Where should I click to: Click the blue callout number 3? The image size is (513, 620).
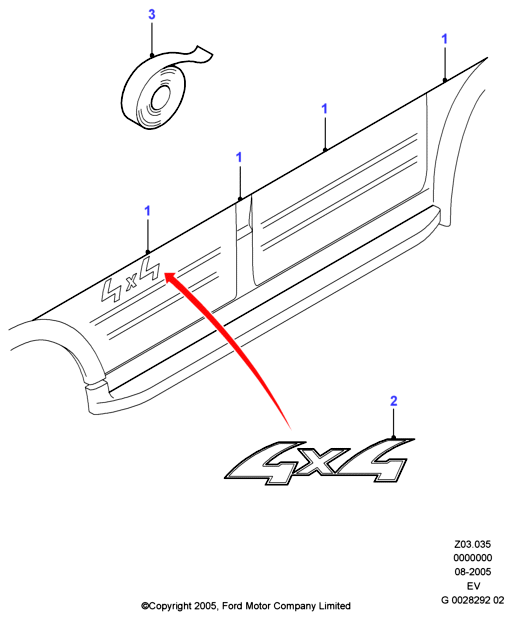pyautogui.click(x=151, y=15)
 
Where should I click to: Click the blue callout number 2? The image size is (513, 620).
pyautogui.click(x=393, y=401)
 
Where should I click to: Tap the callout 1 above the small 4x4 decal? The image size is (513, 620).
pyautogui.click(x=148, y=211)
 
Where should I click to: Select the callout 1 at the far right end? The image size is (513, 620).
pyautogui.click(x=444, y=39)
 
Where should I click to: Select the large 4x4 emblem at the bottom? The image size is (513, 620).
pyautogui.click(x=320, y=461)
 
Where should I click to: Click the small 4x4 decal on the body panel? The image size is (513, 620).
pyautogui.click(x=131, y=279)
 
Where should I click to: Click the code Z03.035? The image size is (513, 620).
pyautogui.click(x=472, y=544)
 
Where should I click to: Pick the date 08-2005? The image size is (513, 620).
pyautogui.click(x=472, y=572)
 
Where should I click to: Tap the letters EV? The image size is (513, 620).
pyautogui.click(x=473, y=586)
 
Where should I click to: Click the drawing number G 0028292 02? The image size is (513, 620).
pyautogui.click(x=473, y=600)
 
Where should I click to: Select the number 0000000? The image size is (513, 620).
pyautogui.click(x=472, y=558)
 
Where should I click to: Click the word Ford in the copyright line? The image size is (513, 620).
pyautogui.click(x=232, y=606)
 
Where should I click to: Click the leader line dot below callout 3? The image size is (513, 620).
pyautogui.click(x=151, y=56)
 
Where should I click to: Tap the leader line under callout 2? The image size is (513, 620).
pyautogui.click(x=393, y=423)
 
